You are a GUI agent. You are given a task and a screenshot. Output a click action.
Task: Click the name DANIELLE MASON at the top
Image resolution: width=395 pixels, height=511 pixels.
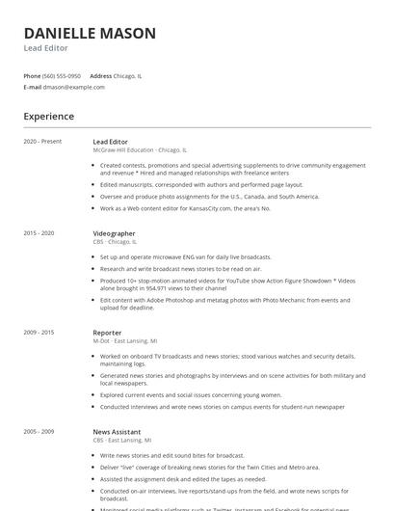pyautogui.click(x=90, y=33)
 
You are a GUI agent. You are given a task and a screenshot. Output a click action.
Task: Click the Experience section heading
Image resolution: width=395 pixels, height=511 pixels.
pyautogui.click(x=49, y=117)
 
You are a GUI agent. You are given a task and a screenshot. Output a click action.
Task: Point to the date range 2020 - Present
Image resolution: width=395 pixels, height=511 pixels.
pyautogui.click(x=42, y=142)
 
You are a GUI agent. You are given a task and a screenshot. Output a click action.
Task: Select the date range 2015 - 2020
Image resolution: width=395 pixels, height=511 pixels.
pyautogui.click(x=39, y=233)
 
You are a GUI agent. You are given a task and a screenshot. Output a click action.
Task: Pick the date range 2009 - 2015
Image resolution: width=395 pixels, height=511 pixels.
pyautogui.click(x=39, y=332)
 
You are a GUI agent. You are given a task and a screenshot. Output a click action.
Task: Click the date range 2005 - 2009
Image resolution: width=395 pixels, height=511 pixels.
pyautogui.click(x=39, y=431)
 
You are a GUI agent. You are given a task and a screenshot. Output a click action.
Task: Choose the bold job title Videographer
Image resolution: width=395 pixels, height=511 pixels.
pyautogui.click(x=114, y=233)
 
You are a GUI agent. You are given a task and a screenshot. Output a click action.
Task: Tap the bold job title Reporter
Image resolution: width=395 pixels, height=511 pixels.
pyautogui.click(x=107, y=332)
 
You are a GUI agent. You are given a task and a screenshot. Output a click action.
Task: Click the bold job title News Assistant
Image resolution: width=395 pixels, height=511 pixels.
pyautogui.click(x=117, y=431)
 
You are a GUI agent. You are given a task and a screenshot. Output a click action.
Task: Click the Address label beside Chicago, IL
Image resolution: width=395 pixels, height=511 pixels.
pyautogui.click(x=101, y=75)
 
